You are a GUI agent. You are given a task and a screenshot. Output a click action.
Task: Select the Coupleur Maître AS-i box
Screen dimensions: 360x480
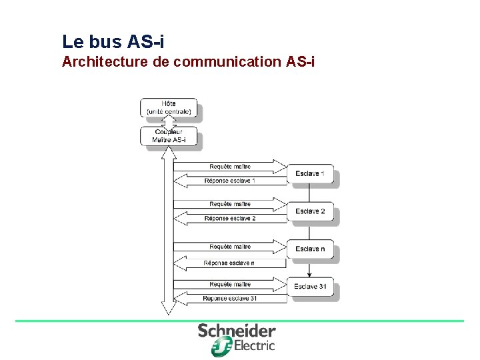coord(169,136)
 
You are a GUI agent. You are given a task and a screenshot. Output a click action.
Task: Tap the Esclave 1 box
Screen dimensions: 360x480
coord(310,174)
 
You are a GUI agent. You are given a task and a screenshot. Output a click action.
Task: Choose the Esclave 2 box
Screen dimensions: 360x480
coord(310,211)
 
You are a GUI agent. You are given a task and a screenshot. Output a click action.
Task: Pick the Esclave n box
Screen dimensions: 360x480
coord(310,249)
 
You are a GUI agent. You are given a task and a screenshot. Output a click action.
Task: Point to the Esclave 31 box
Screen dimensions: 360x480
coord(310,287)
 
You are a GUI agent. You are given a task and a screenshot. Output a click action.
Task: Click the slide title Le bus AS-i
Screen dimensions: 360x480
coord(113,42)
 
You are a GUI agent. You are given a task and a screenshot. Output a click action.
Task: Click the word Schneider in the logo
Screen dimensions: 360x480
coord(237,331)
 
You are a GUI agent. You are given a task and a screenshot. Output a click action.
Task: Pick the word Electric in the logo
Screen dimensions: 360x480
coord(254,345)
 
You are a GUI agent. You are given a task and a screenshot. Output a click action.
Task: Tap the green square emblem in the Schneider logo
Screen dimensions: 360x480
coord(221,346)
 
